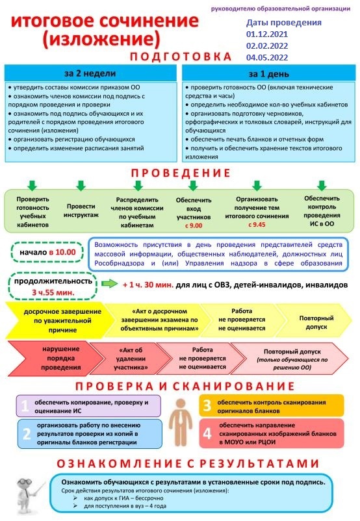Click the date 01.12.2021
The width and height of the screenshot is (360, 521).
[x=267, y=34]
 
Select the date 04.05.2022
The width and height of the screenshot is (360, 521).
[x=267, y=57]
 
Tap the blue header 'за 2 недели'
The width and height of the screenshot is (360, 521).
[x=90, y=73]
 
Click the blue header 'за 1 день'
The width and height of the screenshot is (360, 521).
[x=268, y=73]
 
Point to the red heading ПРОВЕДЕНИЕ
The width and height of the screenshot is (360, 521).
[x=181, y=173]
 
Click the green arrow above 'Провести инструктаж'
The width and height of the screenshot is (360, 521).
[x=81, y=185]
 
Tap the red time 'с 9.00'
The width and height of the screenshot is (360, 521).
[x=194, y=225]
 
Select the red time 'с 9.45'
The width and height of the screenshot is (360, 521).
[x=257, y=225]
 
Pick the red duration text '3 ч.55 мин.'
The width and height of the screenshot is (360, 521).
[x=53, y=293]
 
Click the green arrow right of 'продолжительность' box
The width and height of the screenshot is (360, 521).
[x=109, y=284]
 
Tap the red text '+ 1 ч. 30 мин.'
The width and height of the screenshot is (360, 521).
[x=148, y=285]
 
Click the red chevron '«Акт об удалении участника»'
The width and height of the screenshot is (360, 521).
[x=131, y=359]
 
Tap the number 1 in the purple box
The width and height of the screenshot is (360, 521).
[x=25, y=406]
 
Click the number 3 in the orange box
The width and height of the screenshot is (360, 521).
[x=207, y=406]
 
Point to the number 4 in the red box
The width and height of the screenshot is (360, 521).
[x=207, y=433]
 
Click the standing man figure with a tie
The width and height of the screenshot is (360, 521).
[x=181, y=422]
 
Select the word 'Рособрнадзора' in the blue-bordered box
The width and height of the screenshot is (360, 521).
[x=120, y=263]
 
